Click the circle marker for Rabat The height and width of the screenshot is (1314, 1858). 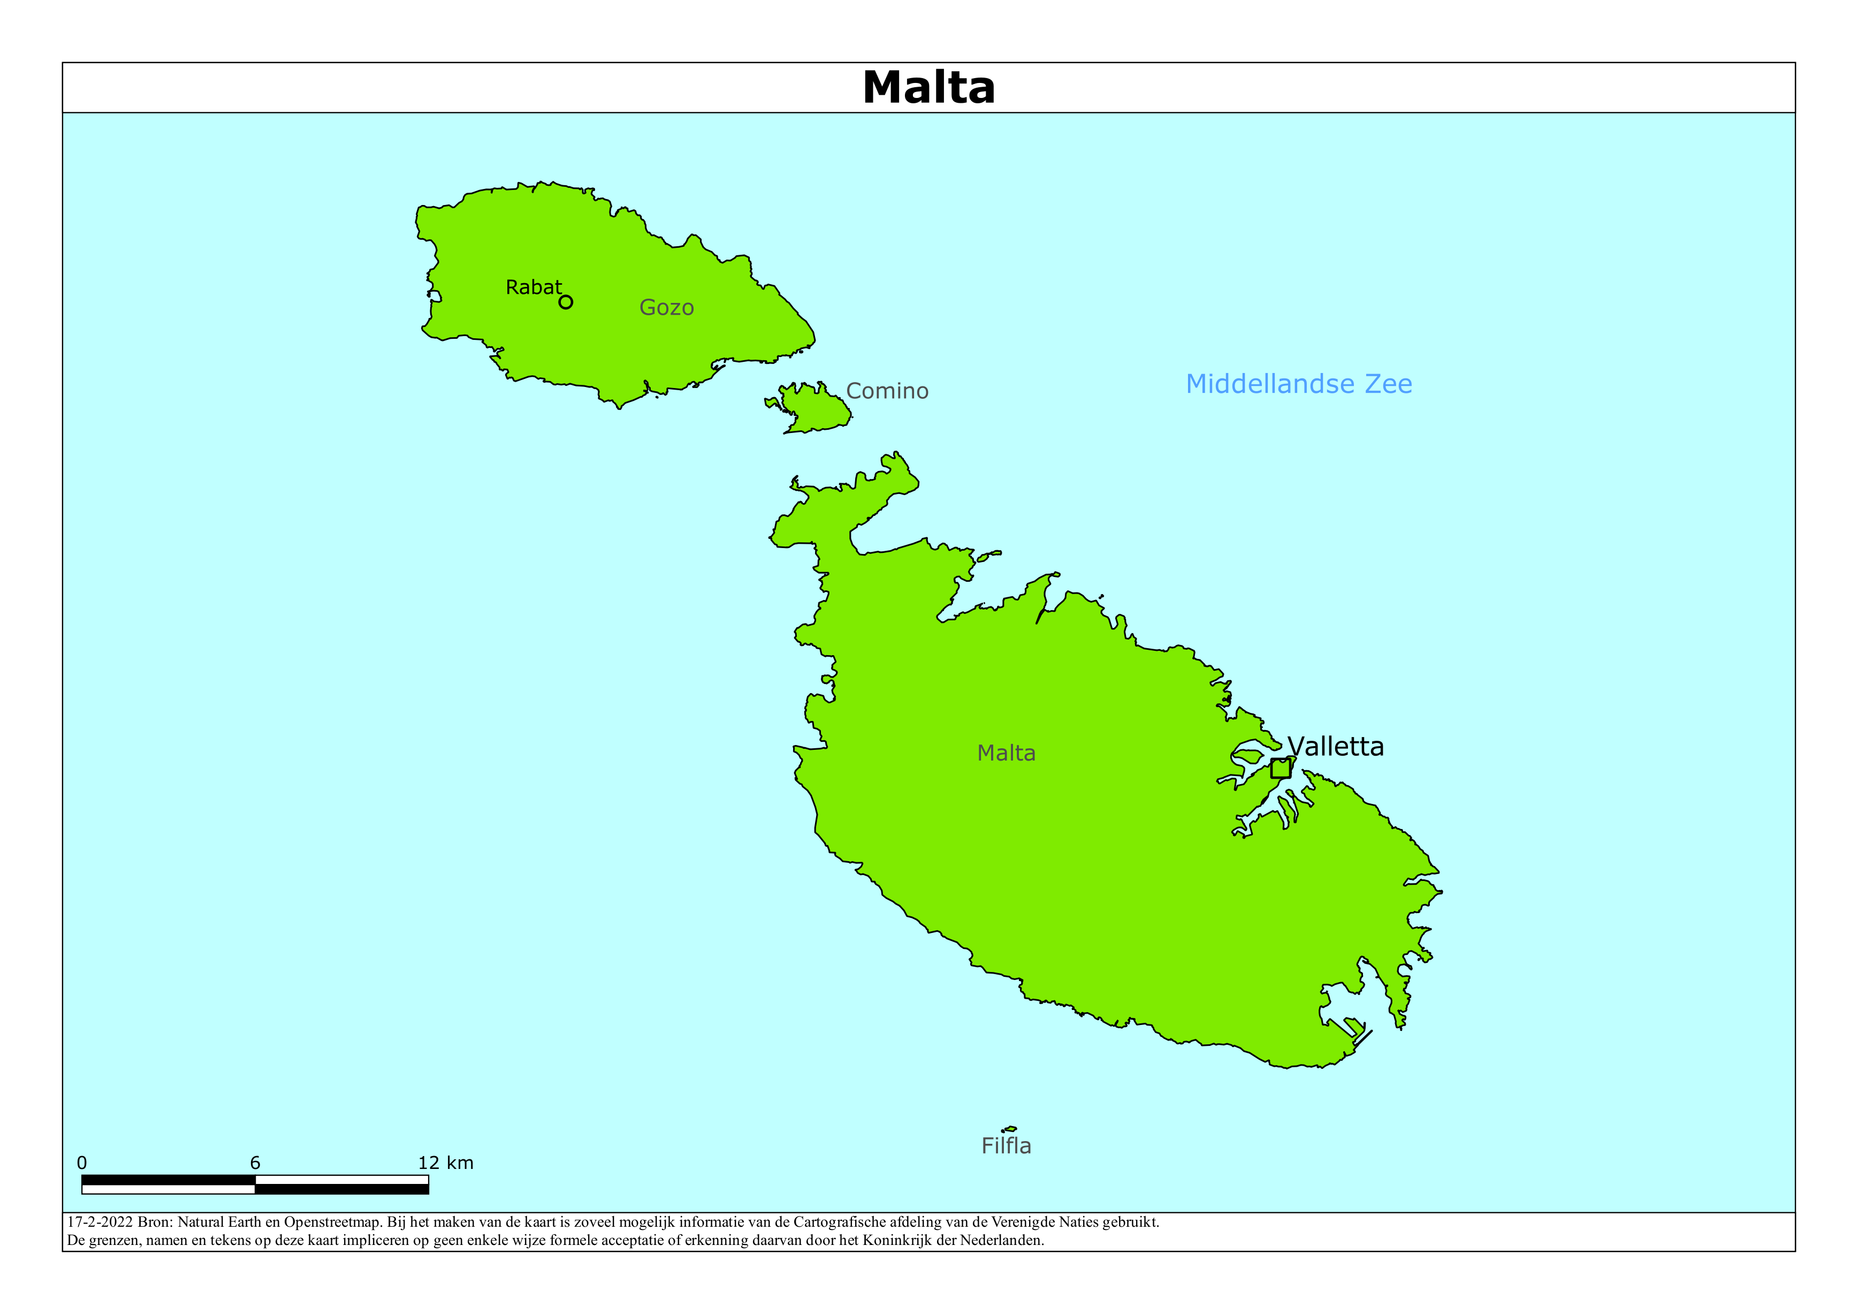566,302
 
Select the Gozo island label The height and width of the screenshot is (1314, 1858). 666,308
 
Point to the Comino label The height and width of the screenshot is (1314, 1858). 887,391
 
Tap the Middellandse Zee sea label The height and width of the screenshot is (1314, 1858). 1298,384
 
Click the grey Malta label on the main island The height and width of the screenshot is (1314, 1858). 1006,753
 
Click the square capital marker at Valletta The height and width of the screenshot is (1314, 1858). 1280,768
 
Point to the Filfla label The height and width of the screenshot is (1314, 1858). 1006,1145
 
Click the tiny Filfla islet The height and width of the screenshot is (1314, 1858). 1009,1129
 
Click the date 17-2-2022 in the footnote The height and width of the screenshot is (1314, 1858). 100,1222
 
